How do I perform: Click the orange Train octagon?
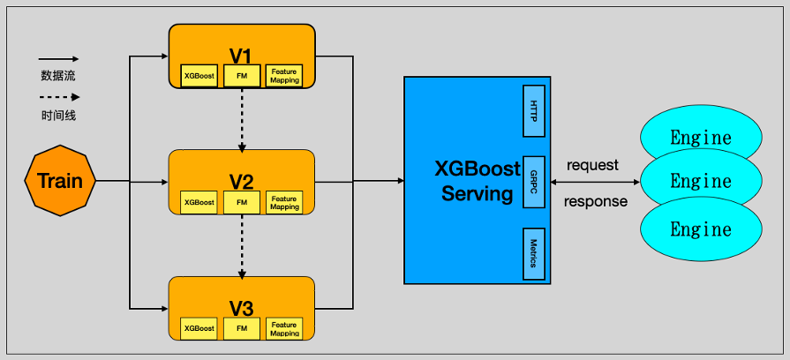[60, 181]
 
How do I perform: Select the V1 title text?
[241, 56]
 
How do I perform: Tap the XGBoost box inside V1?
[199, 77]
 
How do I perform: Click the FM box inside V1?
[242, 77]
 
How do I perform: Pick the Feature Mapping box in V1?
[284, 77]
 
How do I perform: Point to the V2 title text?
[241, 182]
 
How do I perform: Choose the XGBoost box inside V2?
[199, 203]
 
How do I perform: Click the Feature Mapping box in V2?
[284, 203]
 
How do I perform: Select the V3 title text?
[241, 308]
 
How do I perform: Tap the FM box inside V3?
[242, 328]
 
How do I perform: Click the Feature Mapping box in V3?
[284, 328]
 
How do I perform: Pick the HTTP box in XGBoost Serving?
[534, 111]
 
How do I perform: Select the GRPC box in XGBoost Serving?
[534, 182]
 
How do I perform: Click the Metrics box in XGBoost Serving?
[534, 252]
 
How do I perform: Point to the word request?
[592, 165]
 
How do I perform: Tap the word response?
[596, 201]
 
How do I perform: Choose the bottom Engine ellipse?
[701, 231]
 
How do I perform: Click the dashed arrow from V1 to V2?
[242, 119]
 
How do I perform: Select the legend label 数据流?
[58, 75]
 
